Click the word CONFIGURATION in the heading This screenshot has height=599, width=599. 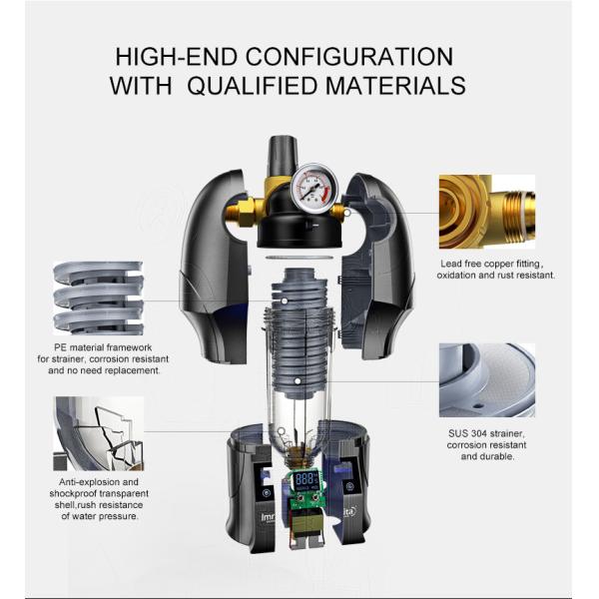[349, 57]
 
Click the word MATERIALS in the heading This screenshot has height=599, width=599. [395, 85]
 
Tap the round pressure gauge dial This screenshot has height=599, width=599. [314, 188]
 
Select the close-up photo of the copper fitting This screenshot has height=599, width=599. [487, 212]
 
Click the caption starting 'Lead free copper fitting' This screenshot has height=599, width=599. [495, 270]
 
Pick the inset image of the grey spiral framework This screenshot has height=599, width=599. [98, 298]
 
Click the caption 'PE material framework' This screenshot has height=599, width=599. [103, 347]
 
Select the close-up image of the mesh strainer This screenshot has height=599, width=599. [487, 379]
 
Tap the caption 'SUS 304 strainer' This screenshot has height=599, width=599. [486, 433]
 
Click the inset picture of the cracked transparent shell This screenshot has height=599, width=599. [98, 433]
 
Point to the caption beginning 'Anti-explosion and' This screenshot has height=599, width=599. [99, 499]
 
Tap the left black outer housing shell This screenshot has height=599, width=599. [214, 268]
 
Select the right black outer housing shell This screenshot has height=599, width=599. [377, 267]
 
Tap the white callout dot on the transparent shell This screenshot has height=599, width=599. [282, 431]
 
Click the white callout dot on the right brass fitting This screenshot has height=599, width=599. [346, 212]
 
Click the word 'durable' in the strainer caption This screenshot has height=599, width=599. [495, 456]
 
